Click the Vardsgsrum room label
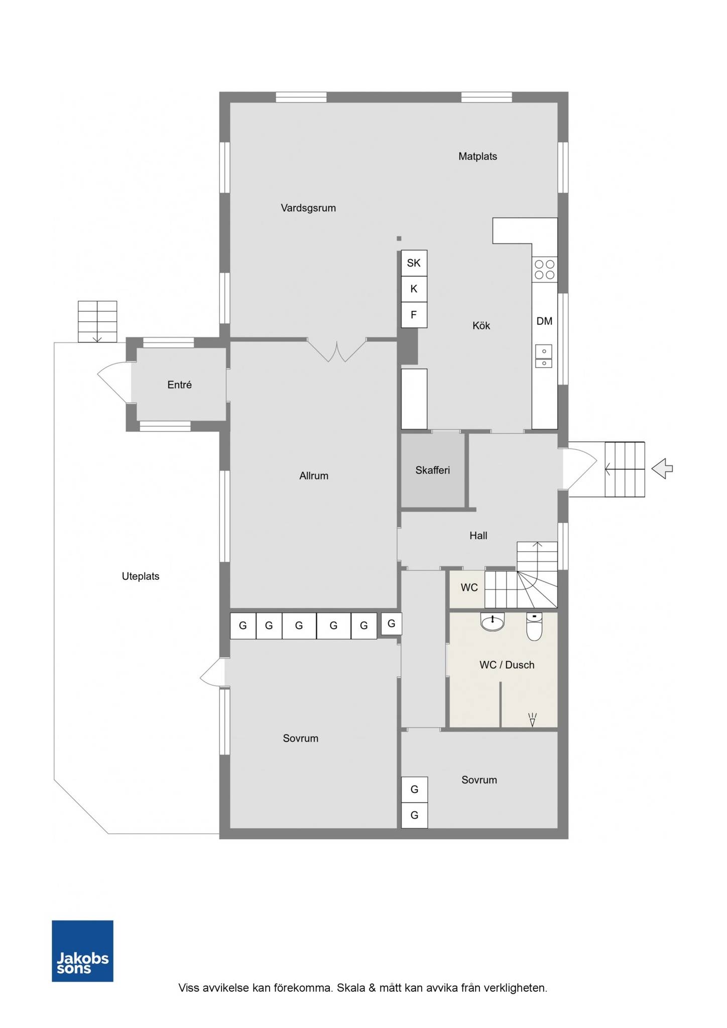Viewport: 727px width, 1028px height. click(308, 208)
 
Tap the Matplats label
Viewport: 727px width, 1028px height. click(477, 156)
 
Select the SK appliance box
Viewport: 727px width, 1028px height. click(414, 263)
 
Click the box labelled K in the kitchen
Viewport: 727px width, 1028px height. click(414, 289)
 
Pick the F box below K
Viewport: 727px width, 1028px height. click(414, 315)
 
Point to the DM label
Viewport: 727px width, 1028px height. click(544, 321)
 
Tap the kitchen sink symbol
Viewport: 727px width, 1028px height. click(544, 356)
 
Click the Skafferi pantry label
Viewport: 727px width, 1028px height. click(433, 470)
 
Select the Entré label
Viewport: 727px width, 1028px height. click(179, 384)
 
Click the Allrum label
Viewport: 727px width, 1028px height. click(314, 476)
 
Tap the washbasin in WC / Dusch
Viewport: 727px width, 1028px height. click(492, 622)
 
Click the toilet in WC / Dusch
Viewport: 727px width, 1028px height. click(534, 627)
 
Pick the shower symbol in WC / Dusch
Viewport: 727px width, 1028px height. click(533, 720)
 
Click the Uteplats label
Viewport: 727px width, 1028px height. click(141, 576)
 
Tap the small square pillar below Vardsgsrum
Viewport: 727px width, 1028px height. click(399, 238)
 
